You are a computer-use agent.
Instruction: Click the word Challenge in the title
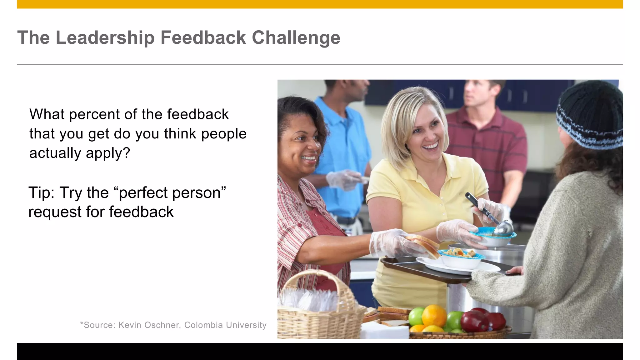point(296,38)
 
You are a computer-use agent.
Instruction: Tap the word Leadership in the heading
point(105,38)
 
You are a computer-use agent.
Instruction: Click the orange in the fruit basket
point(434,316)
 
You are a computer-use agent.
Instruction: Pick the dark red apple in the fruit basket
point(474,321)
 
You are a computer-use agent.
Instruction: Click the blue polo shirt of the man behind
point(344,150)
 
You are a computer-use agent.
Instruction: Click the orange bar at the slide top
point(320,4)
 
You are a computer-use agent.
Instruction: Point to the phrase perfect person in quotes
point(172,192)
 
